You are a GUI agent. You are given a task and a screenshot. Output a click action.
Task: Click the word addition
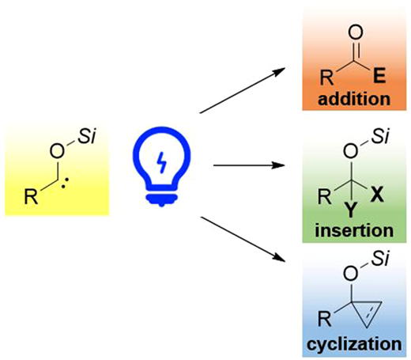[x=354, y=99]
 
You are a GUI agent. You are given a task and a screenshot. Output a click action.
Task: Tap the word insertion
[x=354, y=230]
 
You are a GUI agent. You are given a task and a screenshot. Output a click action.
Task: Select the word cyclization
[x=354, y=344]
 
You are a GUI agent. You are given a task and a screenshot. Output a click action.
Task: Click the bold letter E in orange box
[x=379, y=75]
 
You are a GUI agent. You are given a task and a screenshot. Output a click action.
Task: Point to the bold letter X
[x=377, y=195]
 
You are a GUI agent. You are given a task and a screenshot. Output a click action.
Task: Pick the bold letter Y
[x=351, y=210]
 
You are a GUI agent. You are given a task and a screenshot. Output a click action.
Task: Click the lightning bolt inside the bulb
[x=162, y=163]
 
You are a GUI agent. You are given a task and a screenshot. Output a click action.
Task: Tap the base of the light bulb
[x=162, y=199]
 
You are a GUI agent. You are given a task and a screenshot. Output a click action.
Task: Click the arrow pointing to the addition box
[x=243, y=90]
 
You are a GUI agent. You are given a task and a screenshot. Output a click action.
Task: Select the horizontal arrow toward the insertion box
[x=249, y=165]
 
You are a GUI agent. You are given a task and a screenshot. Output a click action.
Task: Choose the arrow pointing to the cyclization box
[x=243, y=239]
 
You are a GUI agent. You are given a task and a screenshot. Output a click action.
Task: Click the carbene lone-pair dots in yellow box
[x=65, y=183]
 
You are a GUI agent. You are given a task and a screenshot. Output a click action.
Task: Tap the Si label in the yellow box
[x=87, y=136]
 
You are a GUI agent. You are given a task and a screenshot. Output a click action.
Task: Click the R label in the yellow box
[x=31, y=196]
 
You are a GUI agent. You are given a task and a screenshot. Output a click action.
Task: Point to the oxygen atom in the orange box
[x=356, y=32]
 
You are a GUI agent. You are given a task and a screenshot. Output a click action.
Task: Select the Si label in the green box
[x=380, y=136]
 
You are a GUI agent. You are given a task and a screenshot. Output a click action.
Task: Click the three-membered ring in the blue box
[x=367, y=312]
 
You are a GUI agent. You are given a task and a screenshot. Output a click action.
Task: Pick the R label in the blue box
[x=324, y=319]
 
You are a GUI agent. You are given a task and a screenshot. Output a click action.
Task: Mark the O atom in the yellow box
[x=57, y=151]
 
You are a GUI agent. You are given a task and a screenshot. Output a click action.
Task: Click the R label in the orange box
[x=326, y=78]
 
